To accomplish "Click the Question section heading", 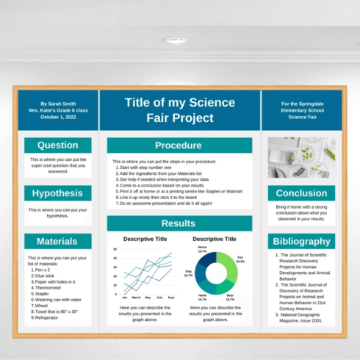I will point(57,145).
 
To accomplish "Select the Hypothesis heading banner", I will point(57,193).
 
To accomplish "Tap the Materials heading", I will point(57,241).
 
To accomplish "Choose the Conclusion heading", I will point(300,193).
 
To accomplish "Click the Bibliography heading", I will point(300,241).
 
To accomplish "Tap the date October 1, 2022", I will point(58,117).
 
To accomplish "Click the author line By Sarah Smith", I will point(58,104).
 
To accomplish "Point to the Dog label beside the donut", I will point(189,272).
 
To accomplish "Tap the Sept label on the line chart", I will point(170,297).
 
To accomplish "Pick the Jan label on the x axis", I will point(125,297).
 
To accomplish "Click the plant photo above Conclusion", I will point(300,157).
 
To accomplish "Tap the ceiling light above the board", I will point(176,40).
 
